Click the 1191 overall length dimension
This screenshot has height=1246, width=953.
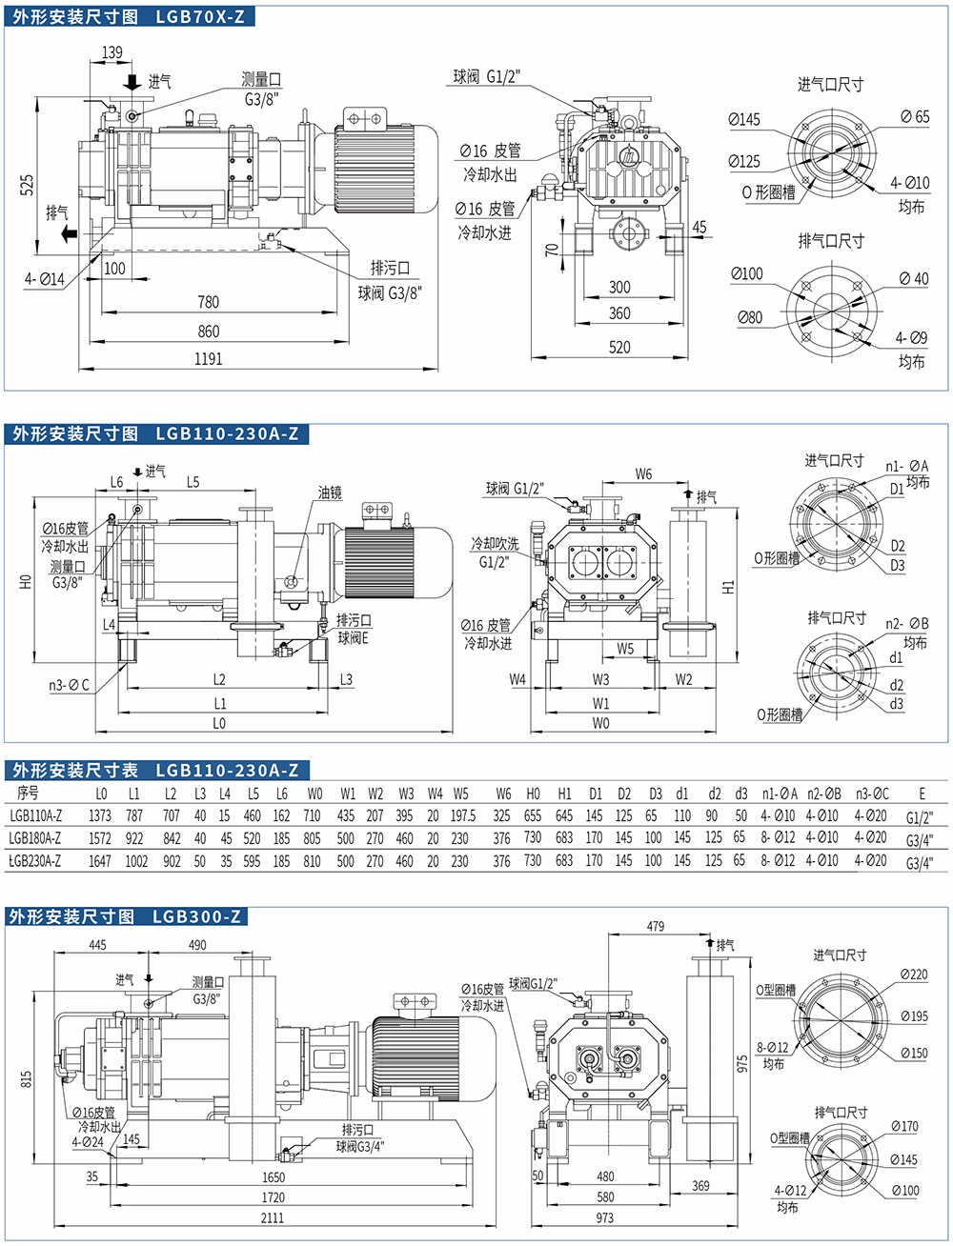[x=208, y=359]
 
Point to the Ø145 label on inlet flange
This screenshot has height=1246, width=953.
[x=744, y=119]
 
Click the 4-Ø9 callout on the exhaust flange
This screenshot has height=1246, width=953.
[x=910, y=338]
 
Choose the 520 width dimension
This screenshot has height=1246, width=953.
[x=619, y=347]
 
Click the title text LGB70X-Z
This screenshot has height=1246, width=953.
[x=199, y=16]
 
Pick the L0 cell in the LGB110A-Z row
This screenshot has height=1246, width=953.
[x=100, y=816]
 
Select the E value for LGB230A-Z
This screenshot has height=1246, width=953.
[x=920, y=862]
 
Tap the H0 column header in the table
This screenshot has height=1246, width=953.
[x=533, y=794]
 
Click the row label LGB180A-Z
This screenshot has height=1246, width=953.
[x=36, y=839]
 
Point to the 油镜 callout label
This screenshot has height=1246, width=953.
[x=329, y=492]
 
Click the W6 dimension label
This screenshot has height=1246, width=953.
[x=644, y=473]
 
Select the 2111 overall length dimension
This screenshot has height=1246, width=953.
[x=273, y=1217]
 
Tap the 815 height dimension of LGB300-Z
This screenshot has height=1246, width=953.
[x=27, y=1078]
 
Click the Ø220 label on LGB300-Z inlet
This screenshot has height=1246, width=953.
[x=913, y=975]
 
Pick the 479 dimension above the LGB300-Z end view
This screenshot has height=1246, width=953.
[x=656, y=926]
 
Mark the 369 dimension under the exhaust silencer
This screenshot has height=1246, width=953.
[x=700, y=1186]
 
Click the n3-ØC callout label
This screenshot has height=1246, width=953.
[x=69, y=685]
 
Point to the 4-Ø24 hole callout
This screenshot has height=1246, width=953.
[x=88, y=1141]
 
